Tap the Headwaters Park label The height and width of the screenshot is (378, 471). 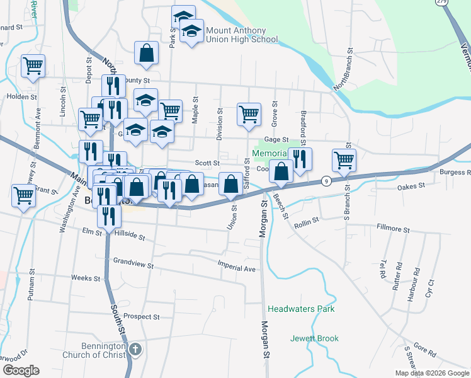301,309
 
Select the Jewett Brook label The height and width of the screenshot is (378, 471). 314,338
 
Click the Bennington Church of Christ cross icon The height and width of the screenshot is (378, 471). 135,348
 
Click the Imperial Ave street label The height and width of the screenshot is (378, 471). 237,268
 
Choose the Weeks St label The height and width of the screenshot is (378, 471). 86,278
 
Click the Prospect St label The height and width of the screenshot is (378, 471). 142,316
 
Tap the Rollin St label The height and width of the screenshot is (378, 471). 307,222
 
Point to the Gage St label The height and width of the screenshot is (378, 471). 276,140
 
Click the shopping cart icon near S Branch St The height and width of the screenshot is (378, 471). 344,159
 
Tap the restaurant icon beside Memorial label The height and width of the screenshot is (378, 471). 300,159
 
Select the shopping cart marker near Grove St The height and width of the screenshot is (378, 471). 249,114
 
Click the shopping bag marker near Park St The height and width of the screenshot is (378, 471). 146,54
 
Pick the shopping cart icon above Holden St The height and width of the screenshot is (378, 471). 33,65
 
